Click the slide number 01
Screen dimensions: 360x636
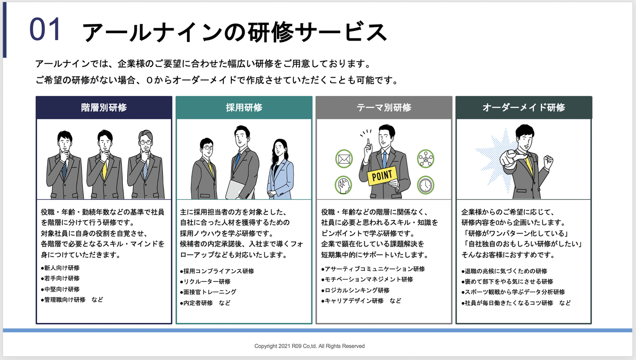[x=45, y=30]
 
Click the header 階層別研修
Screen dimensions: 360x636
[x=104, y=107]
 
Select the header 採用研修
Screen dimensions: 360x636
[x=244, y=107]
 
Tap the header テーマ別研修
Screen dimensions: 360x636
[x=384, y=107]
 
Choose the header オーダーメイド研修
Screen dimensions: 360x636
[x=523, y=107]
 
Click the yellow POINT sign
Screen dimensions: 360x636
[x=382, y=175]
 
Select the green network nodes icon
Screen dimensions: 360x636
[x=426, y=158]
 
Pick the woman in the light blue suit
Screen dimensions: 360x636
[x=280, y=170]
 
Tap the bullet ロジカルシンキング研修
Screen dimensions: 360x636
[x=357, y=290]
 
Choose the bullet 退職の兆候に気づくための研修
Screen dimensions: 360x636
[x=505, y=271]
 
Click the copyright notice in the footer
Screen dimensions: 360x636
[x=309, y=346]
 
